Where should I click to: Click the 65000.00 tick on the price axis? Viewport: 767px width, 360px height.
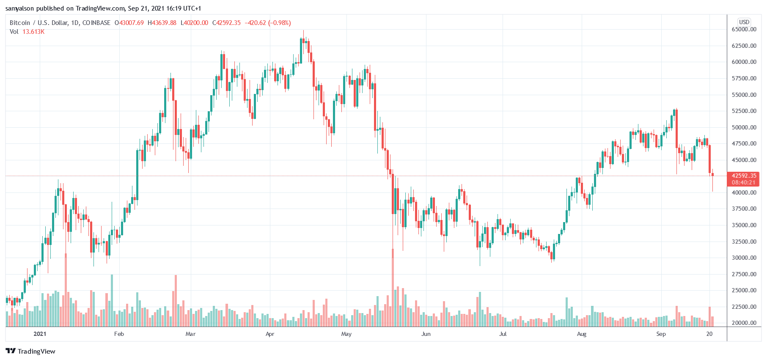click(x=744, y=29)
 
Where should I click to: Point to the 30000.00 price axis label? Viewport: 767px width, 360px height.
click(x=744, y=258)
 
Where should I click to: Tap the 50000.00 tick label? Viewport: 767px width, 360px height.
click(x=744, y=127)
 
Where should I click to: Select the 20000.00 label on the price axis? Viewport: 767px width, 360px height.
click(x=744, y=323)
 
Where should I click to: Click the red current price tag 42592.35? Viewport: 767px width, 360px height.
click(x=743, y=176)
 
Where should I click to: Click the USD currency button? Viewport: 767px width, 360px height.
click(x=744, y=22)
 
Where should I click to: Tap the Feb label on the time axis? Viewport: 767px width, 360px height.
click(x=119, y=334)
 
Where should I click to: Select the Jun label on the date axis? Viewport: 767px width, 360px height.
click(x=426, y=334)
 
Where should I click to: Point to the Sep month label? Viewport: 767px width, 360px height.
click(x=661, y=334)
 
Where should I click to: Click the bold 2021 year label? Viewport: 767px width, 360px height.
click(x=40, y=334)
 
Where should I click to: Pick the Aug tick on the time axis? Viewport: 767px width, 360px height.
click(x=582, y=334)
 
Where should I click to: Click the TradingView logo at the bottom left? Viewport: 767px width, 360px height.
click(x=30, y=351)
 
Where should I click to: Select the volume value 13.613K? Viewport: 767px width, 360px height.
click(x=33, y=32)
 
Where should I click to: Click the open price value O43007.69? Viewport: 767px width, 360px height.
click(x=129, y=23)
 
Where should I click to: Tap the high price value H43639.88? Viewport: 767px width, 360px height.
click(x=162, y=23)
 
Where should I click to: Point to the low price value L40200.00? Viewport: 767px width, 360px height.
click(x=195, y=23)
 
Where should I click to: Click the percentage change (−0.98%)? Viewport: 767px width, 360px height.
click(x=279, y=23)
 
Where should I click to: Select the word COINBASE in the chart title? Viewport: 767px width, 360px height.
click(x=96, y=23)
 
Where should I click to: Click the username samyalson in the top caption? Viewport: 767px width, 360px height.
click(x=20, y=8)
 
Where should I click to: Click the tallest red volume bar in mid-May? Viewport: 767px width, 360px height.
click(x=393, y=288)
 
